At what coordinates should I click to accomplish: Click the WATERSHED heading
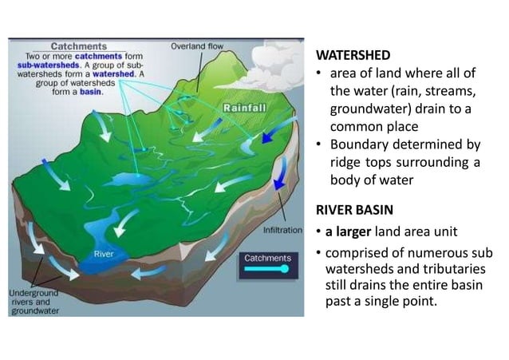pos(353,55)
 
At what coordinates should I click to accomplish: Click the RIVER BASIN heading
pos(354,211)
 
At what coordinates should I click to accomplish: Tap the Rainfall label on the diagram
pos(244,107)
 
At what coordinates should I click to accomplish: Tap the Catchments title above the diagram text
pos(79,46)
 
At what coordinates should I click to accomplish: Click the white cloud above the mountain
pos(275,60)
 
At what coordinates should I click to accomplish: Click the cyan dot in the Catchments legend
pos(284,269)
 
